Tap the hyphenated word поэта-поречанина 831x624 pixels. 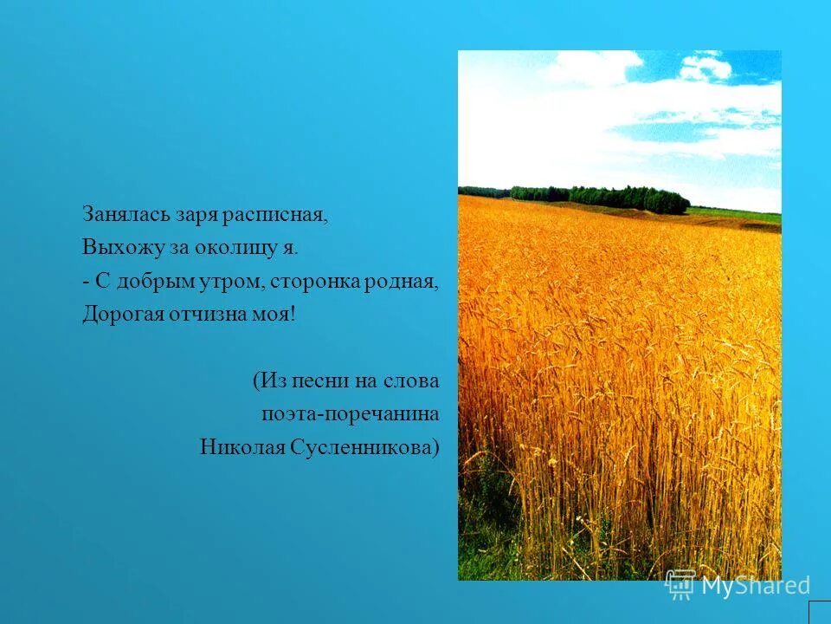point(350,414)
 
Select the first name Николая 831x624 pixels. point(237,447)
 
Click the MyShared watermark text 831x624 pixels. point(755,586)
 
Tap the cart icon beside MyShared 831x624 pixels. point(680,585)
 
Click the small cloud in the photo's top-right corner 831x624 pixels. point(705,66)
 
